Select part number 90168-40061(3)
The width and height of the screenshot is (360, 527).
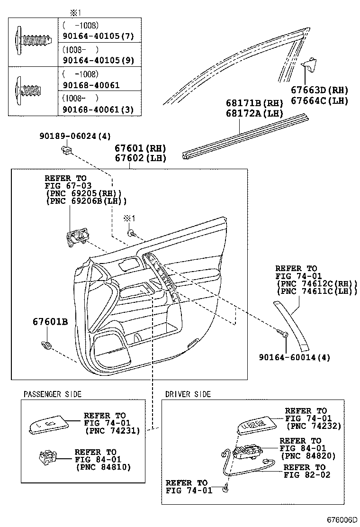point(98,110)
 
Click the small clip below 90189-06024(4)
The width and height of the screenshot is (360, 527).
point(66,151)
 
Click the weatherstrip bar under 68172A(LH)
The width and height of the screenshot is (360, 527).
point(246,136)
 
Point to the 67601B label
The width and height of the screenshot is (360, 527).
point(50,322)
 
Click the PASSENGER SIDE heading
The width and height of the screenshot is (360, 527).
point(53,394)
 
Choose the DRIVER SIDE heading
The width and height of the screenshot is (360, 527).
point(188,394)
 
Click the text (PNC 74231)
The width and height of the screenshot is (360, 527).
point(112,431)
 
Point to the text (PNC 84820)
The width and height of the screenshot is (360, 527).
point(308,455)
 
